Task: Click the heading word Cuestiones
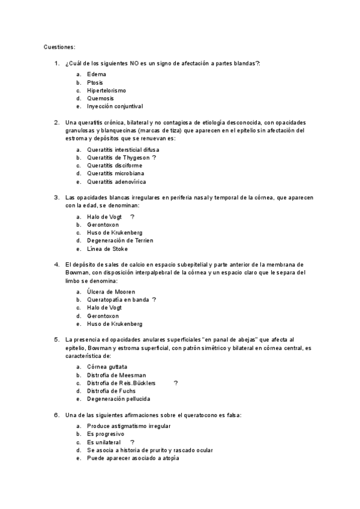click(x=59, y=47)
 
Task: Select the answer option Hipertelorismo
click(x=106, y=90)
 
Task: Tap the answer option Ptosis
click(x=95, y=82)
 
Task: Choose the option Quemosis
click(x=100, y=98)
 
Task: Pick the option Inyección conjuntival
click(x=115, y=106)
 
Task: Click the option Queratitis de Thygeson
click(x=118, y=157)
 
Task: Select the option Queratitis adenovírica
click(x=116, y=182)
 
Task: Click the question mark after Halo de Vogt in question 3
click(x=132, y=216)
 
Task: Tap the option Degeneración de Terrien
click(x=120, y=241)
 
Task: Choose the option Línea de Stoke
click(x=107, y=249)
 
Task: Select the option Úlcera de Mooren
click(x=111, y=291)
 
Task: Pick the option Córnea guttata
click(x=107, y=366)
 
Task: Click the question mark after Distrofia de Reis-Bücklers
click(x=176, y=382)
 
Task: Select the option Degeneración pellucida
click(x=118, y=399)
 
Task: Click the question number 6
click(x=56, y=414)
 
